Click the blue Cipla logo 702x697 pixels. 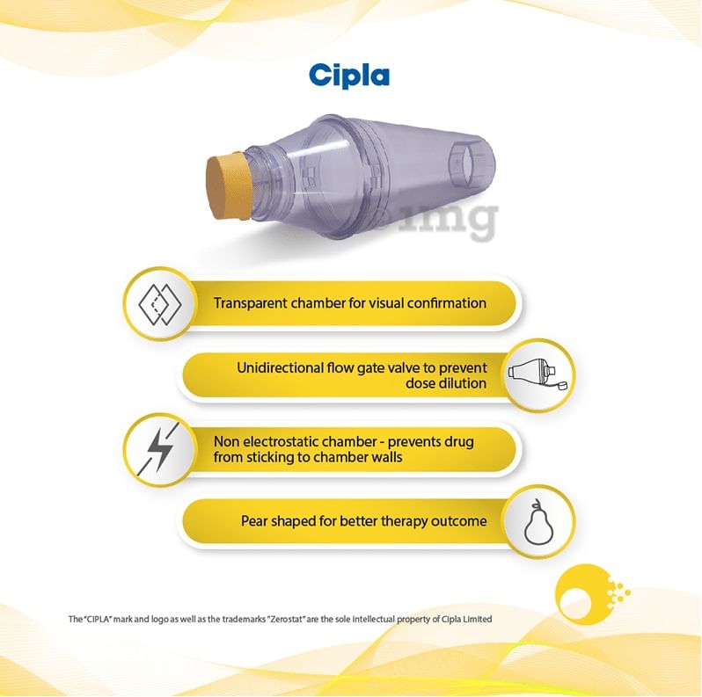[x=349, y=76]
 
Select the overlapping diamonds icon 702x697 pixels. [x=160, y=304]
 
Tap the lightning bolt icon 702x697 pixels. [x=158, y=449]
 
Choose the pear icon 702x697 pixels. [x=538, y=521]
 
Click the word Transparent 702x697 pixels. [x=251, y=303]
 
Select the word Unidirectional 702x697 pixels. [x=281, y=367]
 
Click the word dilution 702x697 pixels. [x=466, y=383]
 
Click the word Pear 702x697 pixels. [x=254, y=521]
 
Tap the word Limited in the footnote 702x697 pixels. [x=479, y=619]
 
